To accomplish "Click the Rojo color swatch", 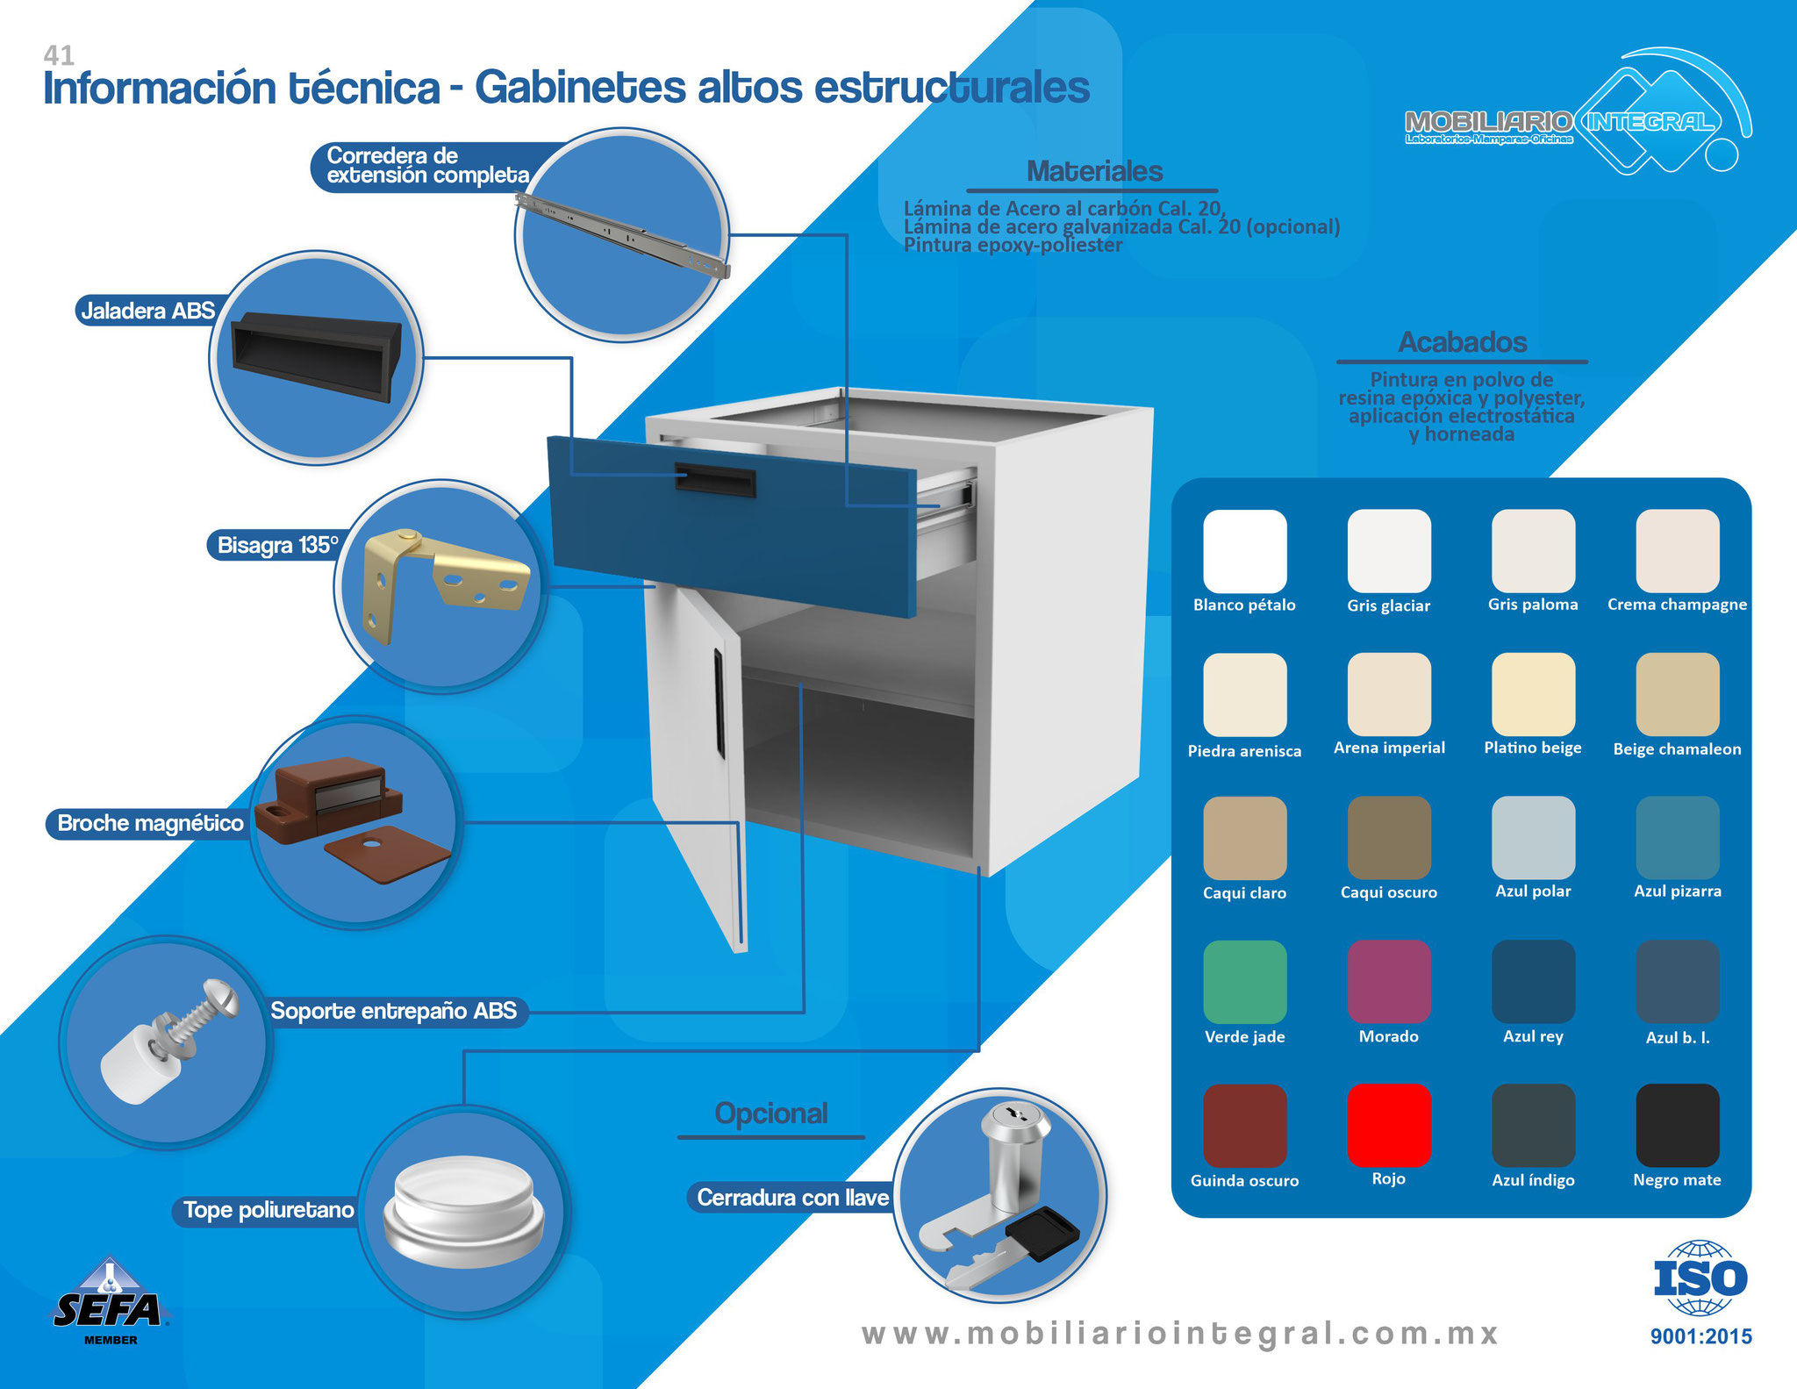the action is [x=1389, y=1126].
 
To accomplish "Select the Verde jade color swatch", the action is [x=1245, y=982].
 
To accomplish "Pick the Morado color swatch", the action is [x=1389, y=982].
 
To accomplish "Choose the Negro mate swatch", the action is [x=1678, y=1126].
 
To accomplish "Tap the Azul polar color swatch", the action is [x=1534, y=838].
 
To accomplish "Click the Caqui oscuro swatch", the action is [x=1389, y=838].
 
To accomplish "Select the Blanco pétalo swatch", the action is [x=1245, y=551].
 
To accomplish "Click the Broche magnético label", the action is [x=150, y=823].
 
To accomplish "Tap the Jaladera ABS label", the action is [x=147, y=311].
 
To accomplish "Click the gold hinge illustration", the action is [x=444, y=584].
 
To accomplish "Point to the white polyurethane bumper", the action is [x=464, y=1213].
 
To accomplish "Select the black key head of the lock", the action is [x=1042, y=1234].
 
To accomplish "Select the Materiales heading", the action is [x=1094, y=171].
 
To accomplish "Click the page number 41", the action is [x=59, y=55].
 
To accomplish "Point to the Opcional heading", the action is [x=771, y=1113].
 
